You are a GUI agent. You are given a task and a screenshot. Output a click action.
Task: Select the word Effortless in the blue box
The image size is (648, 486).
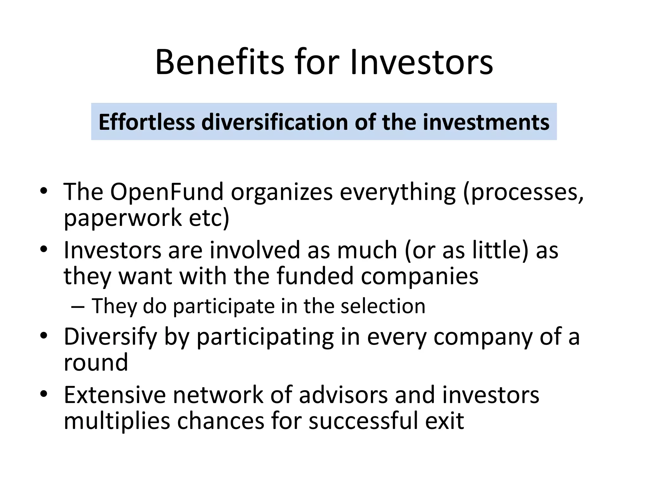tap(146, 122)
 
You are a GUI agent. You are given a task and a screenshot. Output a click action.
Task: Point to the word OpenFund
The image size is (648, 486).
tap(167, 192)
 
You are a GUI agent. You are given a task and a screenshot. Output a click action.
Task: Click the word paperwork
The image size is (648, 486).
tap(123, 218)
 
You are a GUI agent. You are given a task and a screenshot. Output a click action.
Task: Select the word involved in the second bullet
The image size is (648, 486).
tap(255, 250)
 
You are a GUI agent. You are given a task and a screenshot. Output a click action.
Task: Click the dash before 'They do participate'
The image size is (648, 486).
tap(78, 306)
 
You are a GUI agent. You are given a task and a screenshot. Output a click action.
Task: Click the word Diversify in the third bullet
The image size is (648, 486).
tap(110, 337)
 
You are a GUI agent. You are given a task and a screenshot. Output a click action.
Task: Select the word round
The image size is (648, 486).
tap(96, 363)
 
